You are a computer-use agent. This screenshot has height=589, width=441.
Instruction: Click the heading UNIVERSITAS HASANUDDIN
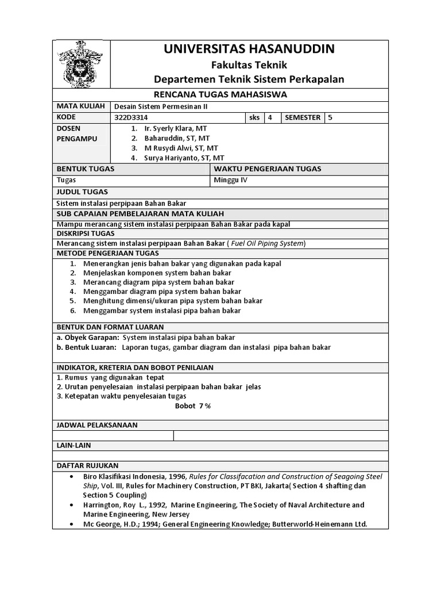coord(249,49)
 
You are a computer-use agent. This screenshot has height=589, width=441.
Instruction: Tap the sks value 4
coord(270,118)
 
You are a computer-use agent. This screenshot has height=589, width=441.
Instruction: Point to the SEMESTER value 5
coord(330,118)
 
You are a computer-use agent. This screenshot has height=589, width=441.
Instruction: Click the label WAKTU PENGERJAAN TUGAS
coord(268,169)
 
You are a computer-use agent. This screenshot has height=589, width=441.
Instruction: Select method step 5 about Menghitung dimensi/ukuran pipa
coord(172,301)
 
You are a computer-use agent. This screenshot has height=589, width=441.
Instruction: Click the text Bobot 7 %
coord(193,406)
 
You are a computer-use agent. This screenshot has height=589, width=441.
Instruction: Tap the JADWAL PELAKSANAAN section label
coord(96,425)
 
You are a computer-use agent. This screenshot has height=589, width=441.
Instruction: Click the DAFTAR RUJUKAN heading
coord(87,465)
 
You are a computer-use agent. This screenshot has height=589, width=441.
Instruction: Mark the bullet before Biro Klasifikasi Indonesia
coord(71,477)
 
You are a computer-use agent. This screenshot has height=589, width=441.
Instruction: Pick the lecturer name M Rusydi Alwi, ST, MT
coord(177,148)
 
